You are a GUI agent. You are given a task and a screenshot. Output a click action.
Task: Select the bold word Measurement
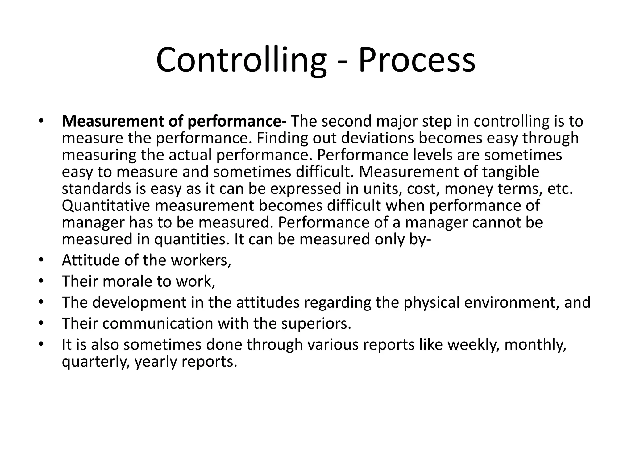pyautogui.click(x=113, y=121)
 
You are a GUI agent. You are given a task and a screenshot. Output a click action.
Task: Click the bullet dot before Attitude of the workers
pyautogui.click(x=41, y=260)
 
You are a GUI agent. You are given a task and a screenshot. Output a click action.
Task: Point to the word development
pyautogui.click(x=139, y=302)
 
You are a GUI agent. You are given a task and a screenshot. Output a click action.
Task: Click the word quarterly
pyautogui.click(x=95, y=361)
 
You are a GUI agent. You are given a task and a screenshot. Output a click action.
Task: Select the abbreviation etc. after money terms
pyautogui.click(x=560, y=189)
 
